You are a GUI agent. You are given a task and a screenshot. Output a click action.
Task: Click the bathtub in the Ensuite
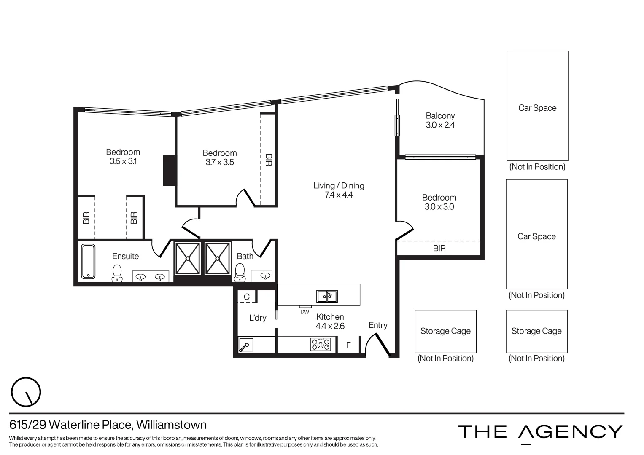[88, 262]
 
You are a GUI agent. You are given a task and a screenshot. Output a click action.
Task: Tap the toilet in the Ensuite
[117, 273]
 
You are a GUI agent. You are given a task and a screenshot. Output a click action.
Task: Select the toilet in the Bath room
[240, 272]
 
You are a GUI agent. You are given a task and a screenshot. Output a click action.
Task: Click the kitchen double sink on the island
[327, 296]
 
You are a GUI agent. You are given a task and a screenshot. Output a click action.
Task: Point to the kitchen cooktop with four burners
[321, 345]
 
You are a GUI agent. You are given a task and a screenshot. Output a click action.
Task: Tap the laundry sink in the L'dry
[246, 345]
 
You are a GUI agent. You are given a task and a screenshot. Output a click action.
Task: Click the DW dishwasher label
[304, 312]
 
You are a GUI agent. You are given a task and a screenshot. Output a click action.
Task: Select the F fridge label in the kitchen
[348, 345]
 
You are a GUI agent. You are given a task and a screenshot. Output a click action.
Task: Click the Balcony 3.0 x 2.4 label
[440, 120]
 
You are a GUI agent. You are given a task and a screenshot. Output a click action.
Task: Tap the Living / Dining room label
[339, 190]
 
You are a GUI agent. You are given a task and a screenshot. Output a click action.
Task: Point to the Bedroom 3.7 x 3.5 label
[219, 158]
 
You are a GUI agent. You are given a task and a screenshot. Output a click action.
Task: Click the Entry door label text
[377, 325]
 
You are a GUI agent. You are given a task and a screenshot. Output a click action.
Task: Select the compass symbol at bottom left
[26, 392]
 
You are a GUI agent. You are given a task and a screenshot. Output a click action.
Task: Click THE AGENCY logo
[540, 432]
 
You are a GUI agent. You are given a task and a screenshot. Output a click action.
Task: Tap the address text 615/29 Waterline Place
[108, 425]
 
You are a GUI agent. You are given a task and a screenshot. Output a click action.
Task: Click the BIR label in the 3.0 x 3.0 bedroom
[439, 248]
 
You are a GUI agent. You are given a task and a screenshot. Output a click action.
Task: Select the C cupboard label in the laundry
[247, 297]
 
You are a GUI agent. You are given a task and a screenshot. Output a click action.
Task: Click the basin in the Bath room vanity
[265, 276]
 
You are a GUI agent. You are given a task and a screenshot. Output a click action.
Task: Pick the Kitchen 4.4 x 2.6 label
[330, 321]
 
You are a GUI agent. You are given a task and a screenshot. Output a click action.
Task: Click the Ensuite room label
[125, 256]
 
